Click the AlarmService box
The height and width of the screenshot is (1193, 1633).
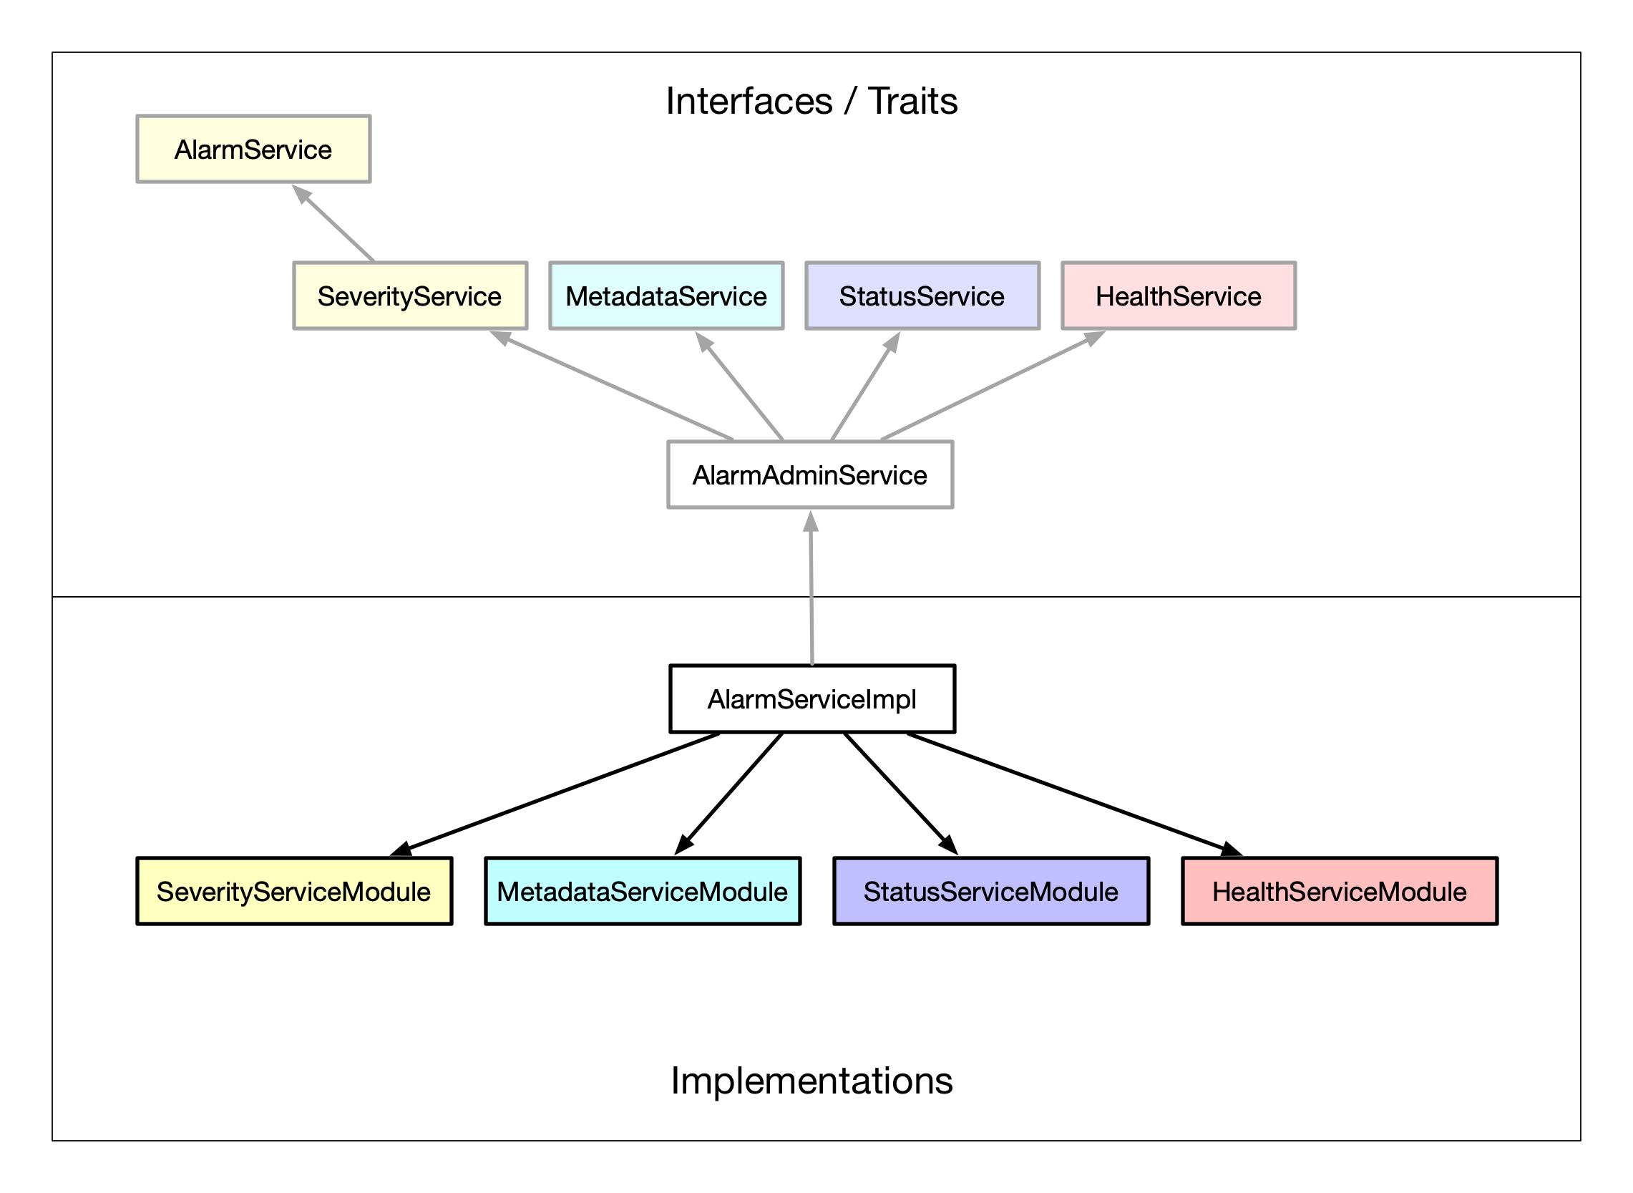point(253,150)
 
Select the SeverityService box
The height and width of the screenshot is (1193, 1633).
point(410,296)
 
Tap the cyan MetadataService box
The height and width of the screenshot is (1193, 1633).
point(666,296)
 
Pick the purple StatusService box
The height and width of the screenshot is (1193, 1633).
point(922,296)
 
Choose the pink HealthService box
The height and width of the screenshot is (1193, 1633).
point(1179,296)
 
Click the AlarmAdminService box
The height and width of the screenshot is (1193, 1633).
point(810,475)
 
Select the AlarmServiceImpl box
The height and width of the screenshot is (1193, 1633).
point(812,699)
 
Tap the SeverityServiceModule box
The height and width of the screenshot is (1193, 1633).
point(294,892)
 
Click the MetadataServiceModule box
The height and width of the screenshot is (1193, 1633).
point(643,892)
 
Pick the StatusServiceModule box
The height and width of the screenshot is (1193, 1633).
point(991,892)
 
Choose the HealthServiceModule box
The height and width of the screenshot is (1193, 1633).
point(1340,892)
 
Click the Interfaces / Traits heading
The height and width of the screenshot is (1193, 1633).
point(811,101)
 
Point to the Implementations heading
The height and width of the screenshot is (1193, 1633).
point(811,1081)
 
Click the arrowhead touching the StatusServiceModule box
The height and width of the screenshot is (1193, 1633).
point(949,844)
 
